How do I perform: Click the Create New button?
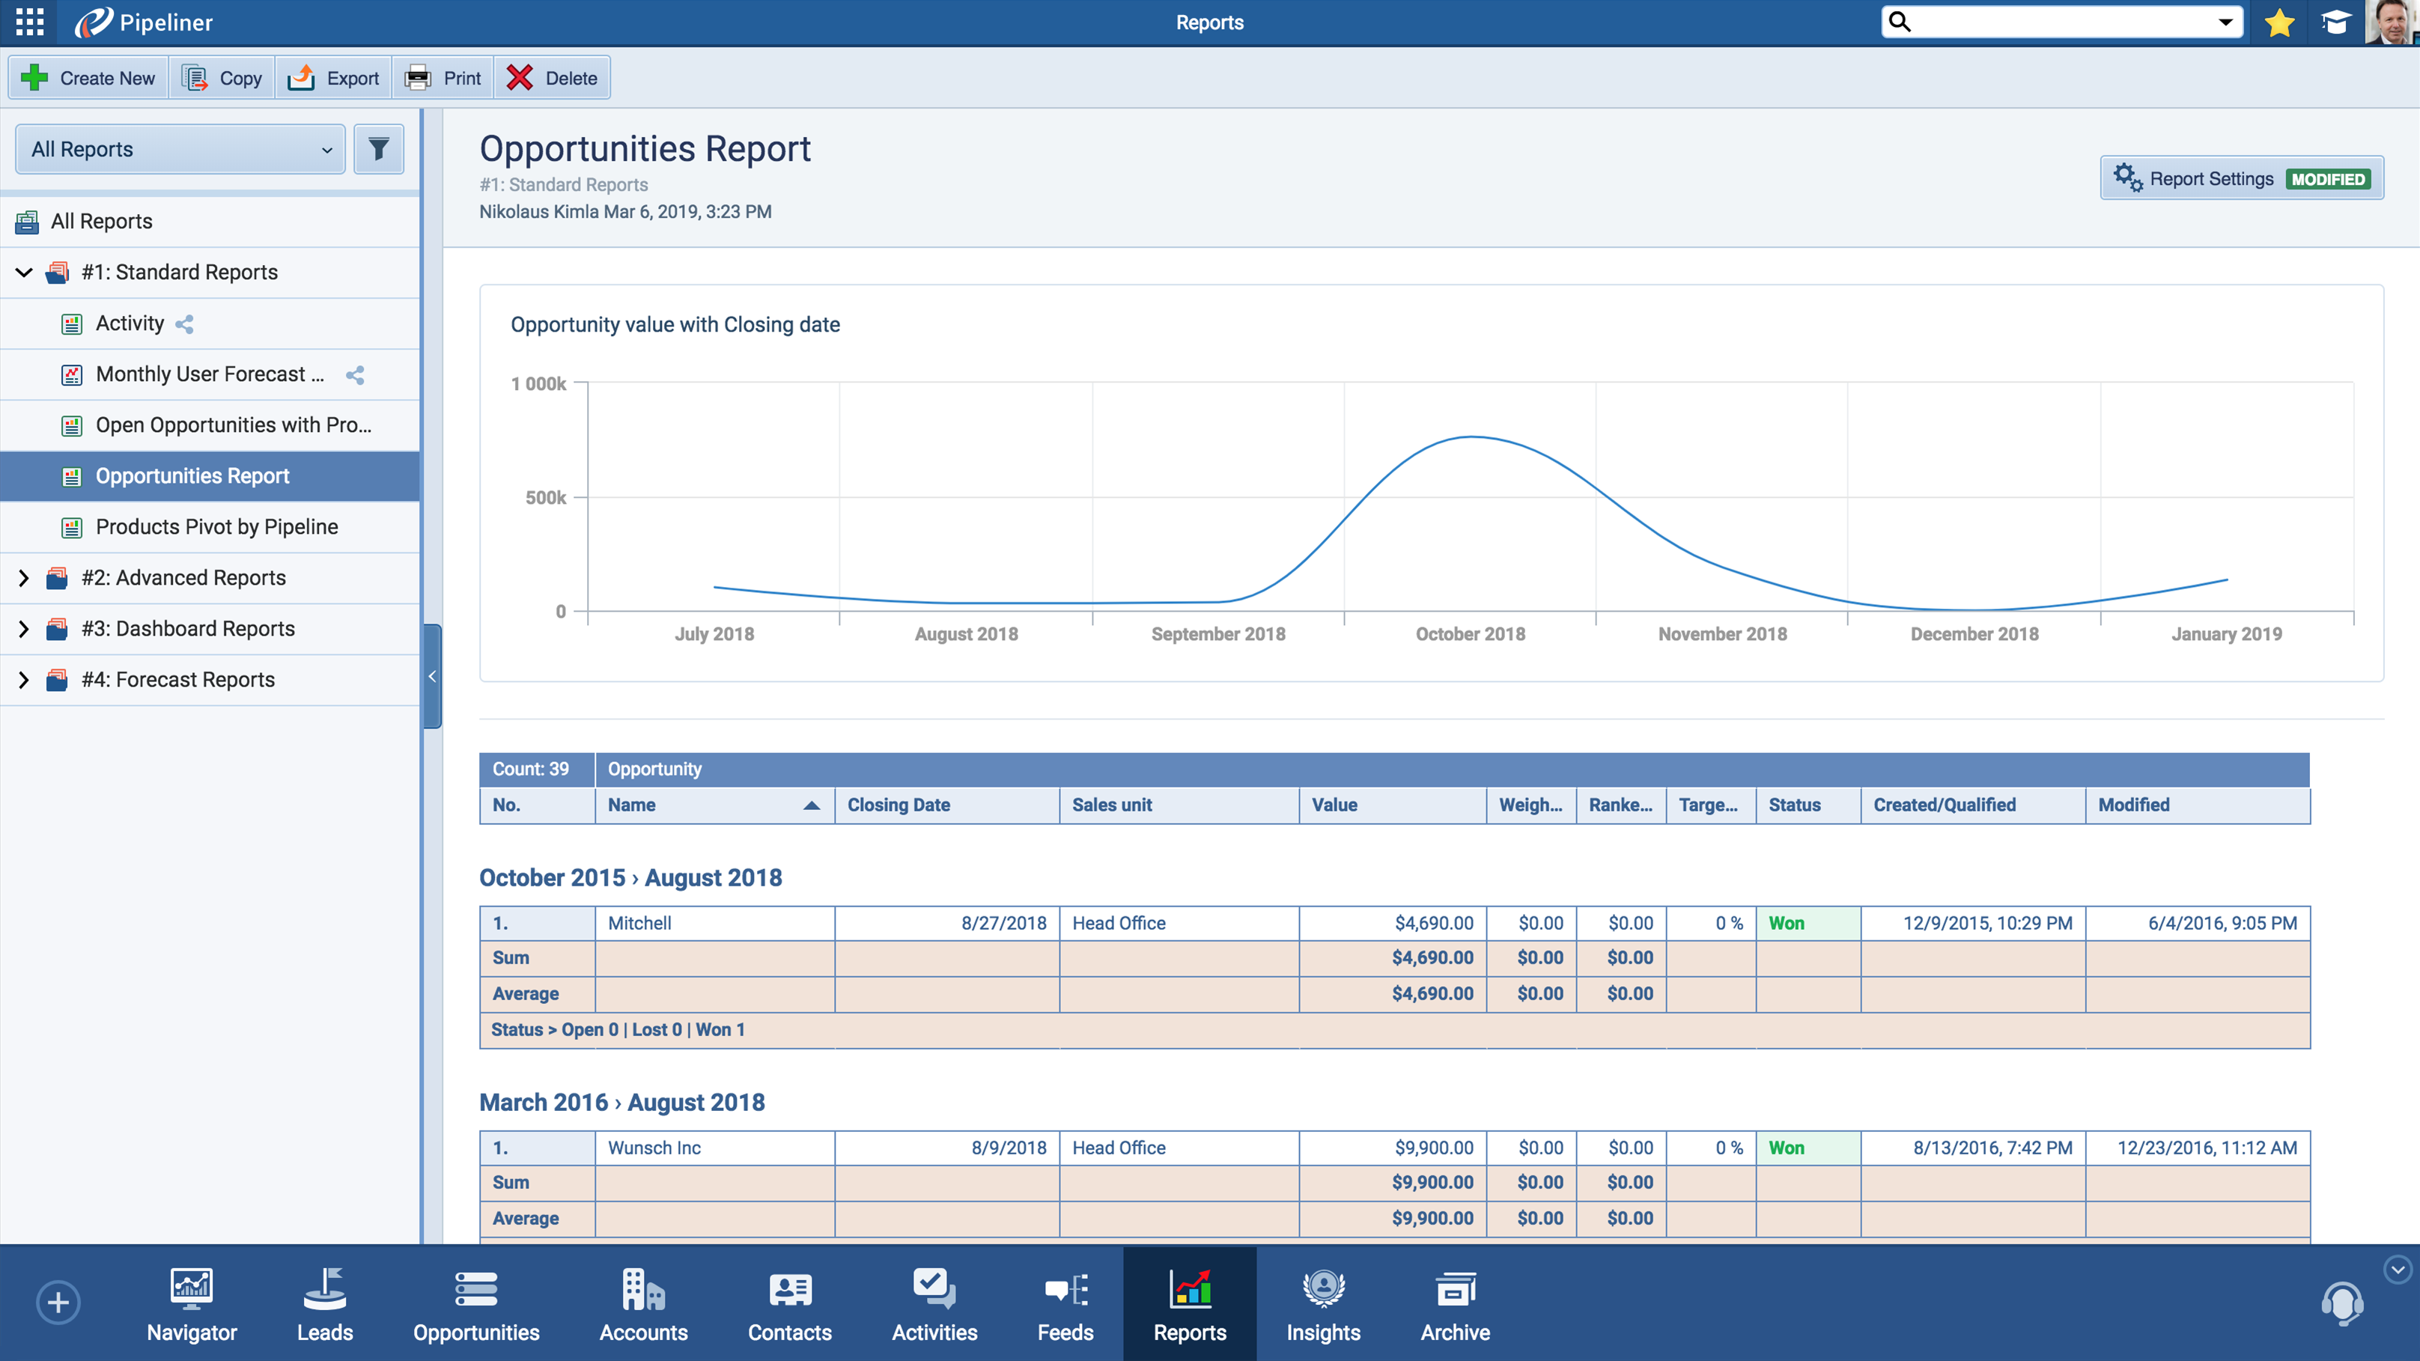pyautogui.click(x=88, y=78)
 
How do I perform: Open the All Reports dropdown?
pyautogui.click(x=180, y=149)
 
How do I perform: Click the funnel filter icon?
pyautogui.click(x=379, y=149)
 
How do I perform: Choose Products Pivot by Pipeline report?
pyautogui.click(x=216, y=527)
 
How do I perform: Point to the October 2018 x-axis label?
pyautogui.click(x=1471, y=634)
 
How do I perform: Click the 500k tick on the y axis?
pyautogui.click(x=546, y=498)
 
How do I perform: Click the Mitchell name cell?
pyautogui.click(x=639, y=923)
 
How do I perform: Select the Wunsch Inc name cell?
pyautogui.click(x=654, y=1148)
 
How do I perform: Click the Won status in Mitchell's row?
pyautogui.click(x=1786, y=923)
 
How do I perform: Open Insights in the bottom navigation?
pyautogui.click(x=1323, y=1303)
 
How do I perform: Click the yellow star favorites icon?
pyautogui.click(x=2280, y=22)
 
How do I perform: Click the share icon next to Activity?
pyautogui.click(x=184, y=324)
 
